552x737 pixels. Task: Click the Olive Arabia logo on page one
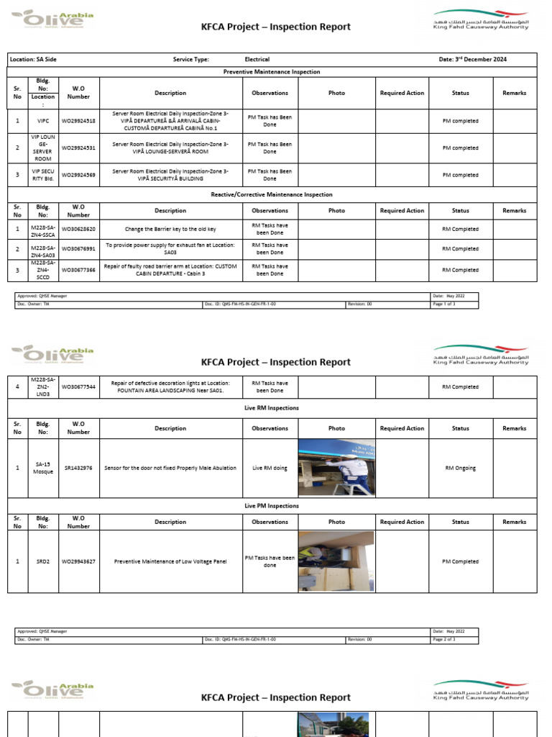[52, 19]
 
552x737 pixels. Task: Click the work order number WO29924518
[78, 121]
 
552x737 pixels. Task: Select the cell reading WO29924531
[78, 148]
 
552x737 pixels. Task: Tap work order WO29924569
[78, 175]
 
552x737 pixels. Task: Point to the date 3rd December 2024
[472, 60]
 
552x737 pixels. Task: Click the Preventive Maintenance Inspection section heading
[272, 72]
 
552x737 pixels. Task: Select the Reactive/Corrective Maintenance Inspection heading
[272, 194]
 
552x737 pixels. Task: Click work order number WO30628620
[78, 229]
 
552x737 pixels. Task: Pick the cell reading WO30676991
[78, 249]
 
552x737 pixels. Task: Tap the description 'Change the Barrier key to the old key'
[170, 229]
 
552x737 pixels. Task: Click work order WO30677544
[78, 387]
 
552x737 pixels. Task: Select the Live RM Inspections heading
[272, 408]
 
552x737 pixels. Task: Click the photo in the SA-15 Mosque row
[336, 467]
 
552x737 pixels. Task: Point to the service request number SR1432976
[78, 468]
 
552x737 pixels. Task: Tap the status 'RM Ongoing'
[460, 468]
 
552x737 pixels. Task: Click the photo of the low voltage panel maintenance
[336, 561]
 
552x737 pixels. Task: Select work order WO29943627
[78, 561]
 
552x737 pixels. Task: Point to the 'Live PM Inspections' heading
[272, 506]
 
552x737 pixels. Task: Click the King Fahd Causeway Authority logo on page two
[480, 358]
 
